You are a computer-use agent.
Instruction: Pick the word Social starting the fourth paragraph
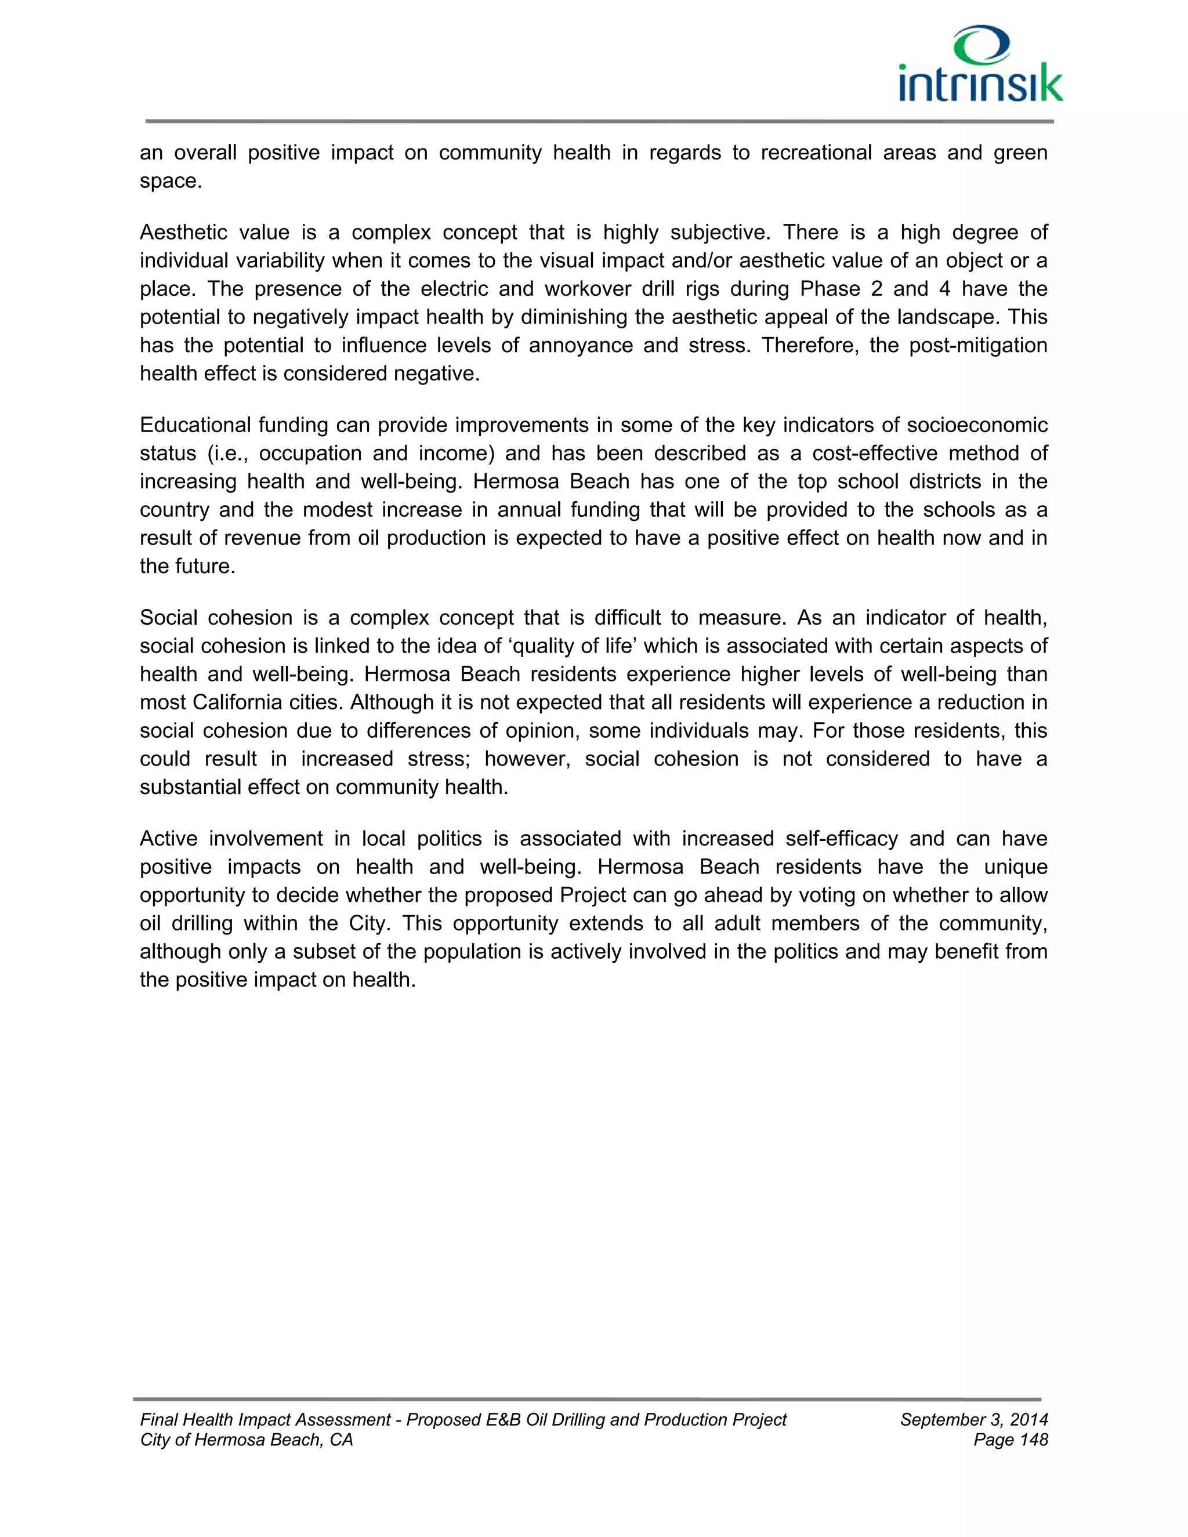(x=167, y=618)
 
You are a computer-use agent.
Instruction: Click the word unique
(x=1016, y=867)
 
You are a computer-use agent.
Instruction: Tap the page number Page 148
(x=1010, y=1440)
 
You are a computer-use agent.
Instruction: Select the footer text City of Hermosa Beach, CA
(x=247, y=1440)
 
